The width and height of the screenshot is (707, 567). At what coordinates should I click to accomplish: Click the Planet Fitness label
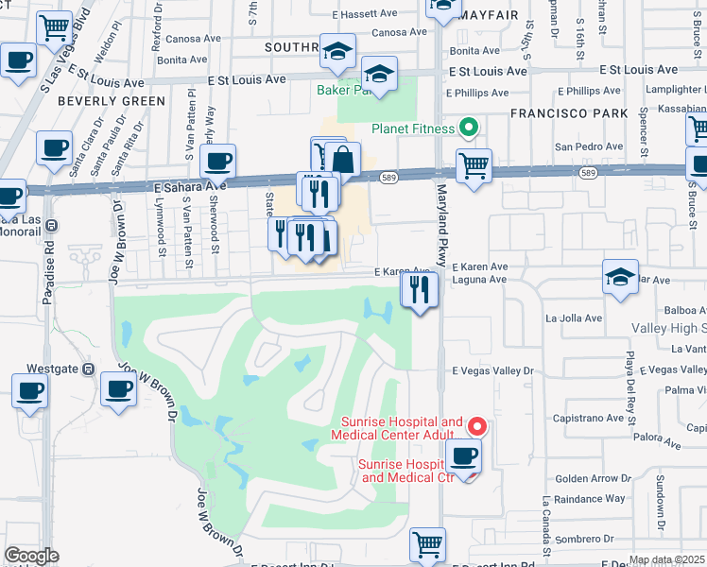[414, 128]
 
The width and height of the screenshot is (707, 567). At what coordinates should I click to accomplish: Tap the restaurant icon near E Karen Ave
[418, 288]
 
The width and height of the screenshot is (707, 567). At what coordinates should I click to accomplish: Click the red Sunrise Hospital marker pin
[477, 427]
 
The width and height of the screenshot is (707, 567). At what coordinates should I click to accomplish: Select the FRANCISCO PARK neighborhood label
[568, 113]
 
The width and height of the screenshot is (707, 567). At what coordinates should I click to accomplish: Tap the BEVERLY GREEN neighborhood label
[97, 100]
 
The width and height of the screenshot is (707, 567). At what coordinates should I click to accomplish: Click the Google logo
[31, 556]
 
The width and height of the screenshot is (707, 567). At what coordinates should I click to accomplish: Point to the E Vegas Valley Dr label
[492, 371]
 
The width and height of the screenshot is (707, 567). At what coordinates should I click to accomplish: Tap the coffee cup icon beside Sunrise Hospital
[463, 457]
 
